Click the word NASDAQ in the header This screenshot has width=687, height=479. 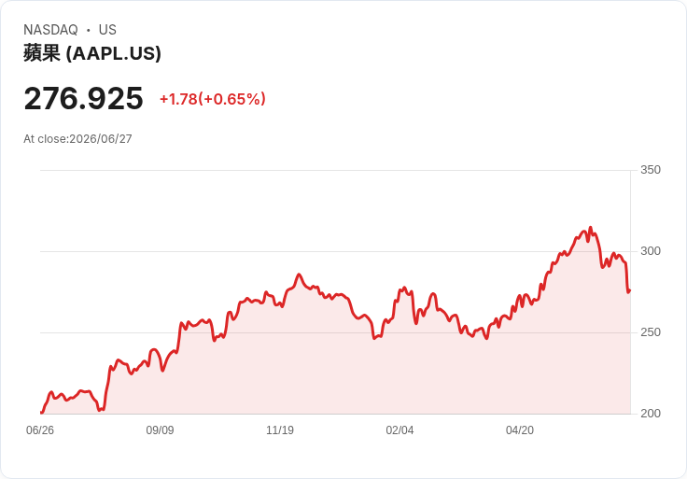50,30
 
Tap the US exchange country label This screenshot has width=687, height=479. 107,30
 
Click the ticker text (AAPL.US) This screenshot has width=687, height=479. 114,53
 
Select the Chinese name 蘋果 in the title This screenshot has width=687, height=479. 42,53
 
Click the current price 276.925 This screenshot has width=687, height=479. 83,98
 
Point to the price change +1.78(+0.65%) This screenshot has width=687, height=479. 213,99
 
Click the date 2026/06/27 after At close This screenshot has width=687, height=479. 101,139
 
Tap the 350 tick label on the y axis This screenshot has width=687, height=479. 651,170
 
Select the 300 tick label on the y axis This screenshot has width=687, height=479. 651,251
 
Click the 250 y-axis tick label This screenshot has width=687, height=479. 651,332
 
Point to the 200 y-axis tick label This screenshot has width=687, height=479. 651,414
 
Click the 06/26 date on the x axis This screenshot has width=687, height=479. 40,430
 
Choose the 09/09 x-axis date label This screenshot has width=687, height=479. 160,430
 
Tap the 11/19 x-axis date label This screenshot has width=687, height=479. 280,430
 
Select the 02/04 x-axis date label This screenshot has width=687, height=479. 400,430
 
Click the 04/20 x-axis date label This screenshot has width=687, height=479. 520,430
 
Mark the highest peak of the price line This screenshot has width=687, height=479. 590,228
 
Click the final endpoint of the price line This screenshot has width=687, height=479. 630,290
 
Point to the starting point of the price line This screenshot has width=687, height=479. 41,413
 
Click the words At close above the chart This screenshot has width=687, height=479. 46,139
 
